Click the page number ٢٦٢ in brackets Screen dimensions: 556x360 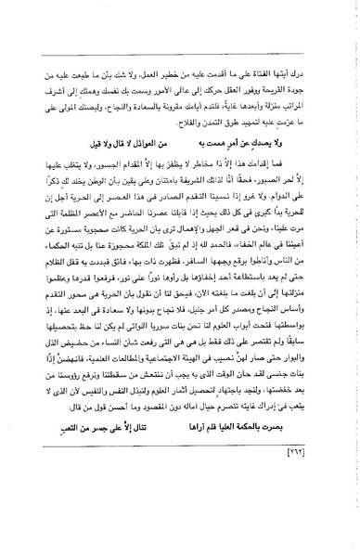[181, 488]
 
